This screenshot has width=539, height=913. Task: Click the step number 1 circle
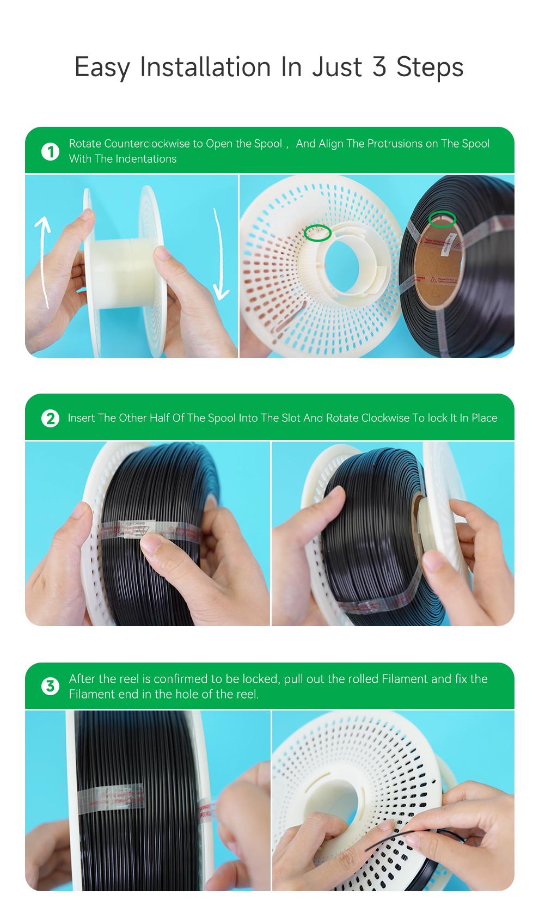click(x=50, y=151)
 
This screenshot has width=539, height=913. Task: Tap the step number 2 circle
click(x=50, y=418)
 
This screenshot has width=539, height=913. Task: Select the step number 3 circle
click(x=50, y=686)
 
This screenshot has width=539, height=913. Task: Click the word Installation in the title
click(x=205, y=67)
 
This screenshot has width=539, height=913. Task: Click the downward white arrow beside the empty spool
click(x=219, y=256)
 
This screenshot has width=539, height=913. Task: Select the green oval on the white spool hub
click(x=317, y=232)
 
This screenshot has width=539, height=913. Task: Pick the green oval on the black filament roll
click(x=442, y=219)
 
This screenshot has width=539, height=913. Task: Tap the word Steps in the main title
click(x=430, y=67)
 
